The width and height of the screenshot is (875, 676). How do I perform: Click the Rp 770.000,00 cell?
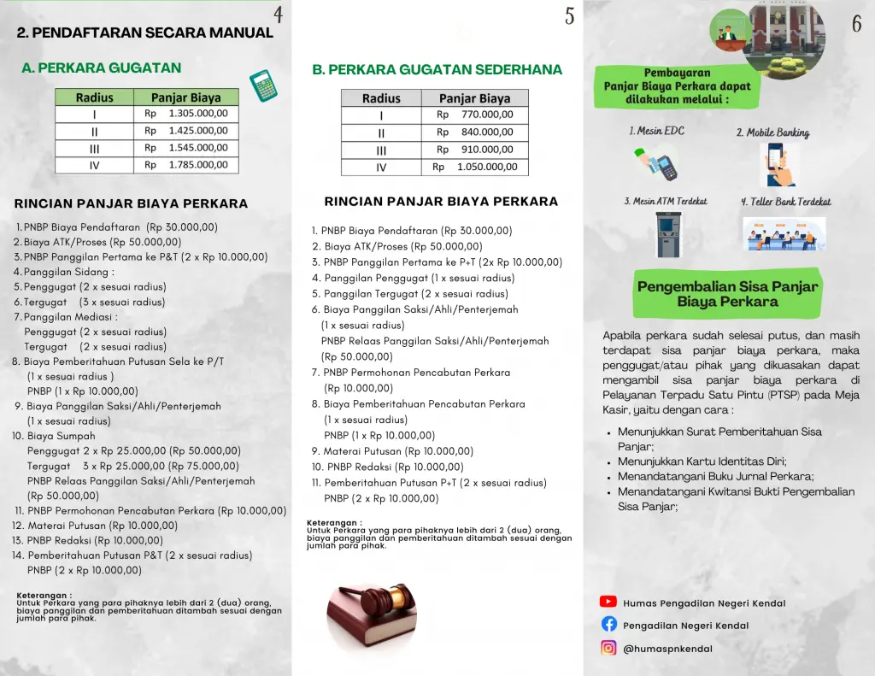(x=475, y=115)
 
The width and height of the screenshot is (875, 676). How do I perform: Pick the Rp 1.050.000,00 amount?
(x=475, y=168)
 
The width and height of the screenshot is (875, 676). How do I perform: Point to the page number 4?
(x=279, y=15)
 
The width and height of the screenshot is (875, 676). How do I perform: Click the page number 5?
(x=569, y=15)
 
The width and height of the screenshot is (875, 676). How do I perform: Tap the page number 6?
(x=856, y=24)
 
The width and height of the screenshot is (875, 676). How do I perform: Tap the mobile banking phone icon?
(x=778, y=164)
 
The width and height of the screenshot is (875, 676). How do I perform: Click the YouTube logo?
(x=608, y=603)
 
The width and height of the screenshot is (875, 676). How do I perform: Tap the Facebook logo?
(x=608, y=625)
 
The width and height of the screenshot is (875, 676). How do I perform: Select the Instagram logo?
(x=608, y=648)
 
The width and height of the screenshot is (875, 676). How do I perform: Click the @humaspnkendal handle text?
(x=667, y=649)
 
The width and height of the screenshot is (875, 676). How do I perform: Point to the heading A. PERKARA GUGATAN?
(x=102, y=68)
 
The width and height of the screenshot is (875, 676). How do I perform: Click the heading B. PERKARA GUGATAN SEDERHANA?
(x=437, y=70)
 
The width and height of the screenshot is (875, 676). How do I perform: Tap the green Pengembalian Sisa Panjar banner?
(x=728, y=294)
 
